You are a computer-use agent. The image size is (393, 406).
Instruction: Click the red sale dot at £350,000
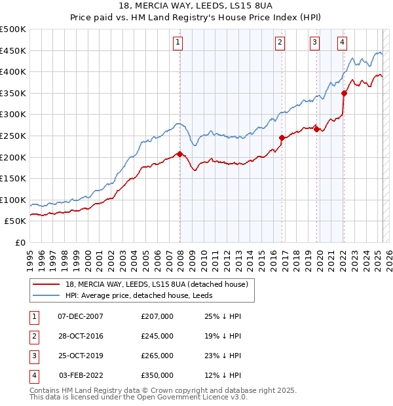pos(344,93)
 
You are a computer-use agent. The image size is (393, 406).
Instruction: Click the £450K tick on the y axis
pos(13,50)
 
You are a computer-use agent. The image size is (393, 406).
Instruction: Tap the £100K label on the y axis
pos(13,200)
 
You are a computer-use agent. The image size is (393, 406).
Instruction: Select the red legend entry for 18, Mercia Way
pos(157,284)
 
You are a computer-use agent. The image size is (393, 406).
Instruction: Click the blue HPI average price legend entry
pos(144,295)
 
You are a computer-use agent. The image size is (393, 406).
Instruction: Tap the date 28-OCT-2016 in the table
pos(81,336)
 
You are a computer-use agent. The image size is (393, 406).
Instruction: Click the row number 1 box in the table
pos(33,316)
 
